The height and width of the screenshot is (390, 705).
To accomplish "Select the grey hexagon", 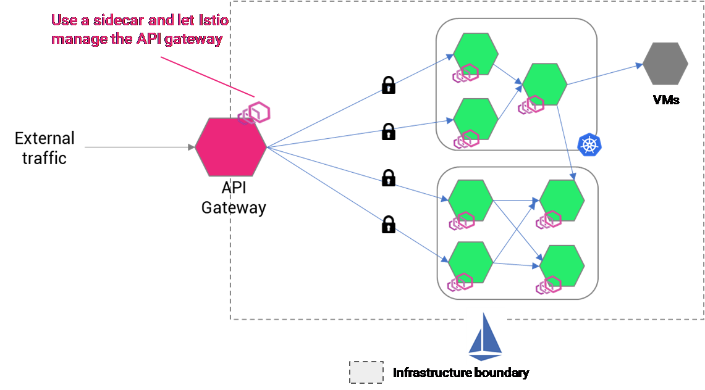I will [665, 64].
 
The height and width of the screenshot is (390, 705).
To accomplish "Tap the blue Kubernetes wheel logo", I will [589, 144].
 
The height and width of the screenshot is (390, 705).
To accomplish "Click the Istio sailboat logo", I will [486, 336].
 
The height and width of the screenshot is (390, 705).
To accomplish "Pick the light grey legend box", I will [366, 372].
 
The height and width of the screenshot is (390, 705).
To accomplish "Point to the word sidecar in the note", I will [117, 20].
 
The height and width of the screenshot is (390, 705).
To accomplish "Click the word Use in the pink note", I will [63, 20].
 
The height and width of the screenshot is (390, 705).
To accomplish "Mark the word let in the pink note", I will [185, 20].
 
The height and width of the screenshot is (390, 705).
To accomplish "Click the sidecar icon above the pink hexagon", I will [255, 113].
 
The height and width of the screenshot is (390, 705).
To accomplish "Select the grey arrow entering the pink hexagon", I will [139, 147].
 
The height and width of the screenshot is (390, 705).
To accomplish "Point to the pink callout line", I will [207, 77].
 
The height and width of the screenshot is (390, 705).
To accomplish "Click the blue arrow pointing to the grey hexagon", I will [604, 74].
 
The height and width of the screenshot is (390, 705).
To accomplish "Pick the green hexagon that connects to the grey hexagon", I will [545, 84].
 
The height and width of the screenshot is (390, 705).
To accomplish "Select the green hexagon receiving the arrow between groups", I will [562, 200].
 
